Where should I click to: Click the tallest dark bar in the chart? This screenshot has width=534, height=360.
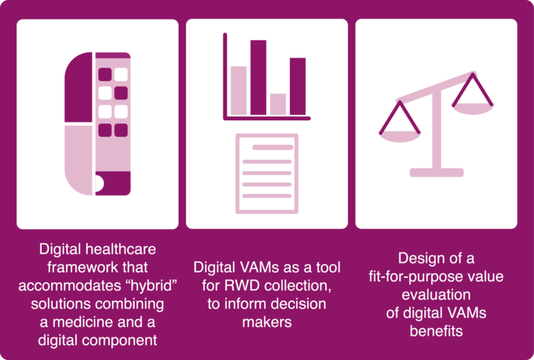tap(258, 78)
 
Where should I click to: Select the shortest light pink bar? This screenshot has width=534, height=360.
tap(278, 104)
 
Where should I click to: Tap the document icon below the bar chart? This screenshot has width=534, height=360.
tap(267, 174)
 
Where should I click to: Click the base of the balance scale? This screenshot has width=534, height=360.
tap(437, 172)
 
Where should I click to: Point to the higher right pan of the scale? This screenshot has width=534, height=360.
tap(473, 109)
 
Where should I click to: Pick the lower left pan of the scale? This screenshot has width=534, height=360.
tap(400, 136)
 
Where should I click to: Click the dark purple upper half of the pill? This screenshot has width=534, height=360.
tap(79, 88)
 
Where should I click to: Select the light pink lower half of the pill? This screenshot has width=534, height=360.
tap(79, 161)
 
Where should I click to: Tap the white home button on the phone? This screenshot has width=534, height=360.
tap(99, 183)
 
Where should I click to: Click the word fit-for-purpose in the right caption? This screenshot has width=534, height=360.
tap(411, 277)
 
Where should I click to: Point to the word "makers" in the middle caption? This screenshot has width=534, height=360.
tap(267, 322)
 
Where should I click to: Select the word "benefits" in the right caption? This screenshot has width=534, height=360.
tap(436, 331)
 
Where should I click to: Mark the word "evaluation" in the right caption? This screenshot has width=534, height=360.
tap(436, 295)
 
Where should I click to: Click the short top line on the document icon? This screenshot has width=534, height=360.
tap(273, 147)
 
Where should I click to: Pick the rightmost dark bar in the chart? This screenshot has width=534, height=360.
tap(298, 86)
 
